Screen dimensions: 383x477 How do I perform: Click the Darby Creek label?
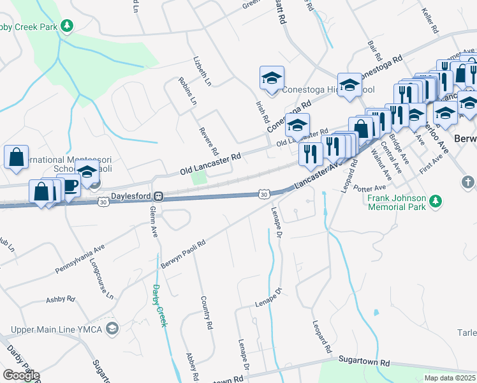click(159, 306)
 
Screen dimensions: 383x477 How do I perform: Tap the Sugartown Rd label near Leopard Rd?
click(363, 361)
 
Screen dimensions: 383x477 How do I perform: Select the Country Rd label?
click(205, 312)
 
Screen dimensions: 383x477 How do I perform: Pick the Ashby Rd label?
click(61, 299)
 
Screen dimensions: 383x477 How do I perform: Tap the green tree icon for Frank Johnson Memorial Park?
click(436, 202)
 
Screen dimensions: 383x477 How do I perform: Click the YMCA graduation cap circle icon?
click(112, 329)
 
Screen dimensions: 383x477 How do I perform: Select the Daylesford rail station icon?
click(163, 196)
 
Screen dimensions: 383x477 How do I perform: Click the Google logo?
click(21, 375)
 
